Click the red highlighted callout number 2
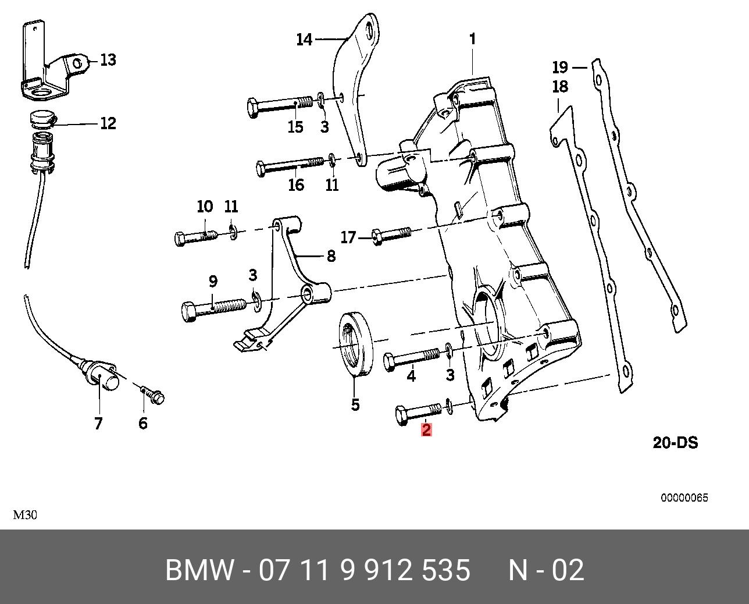(x=426, y=429)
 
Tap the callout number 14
(x=304, y=40)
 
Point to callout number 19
(x=560, y=67)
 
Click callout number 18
(x=560, y=87)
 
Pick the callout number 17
(x=348, y=237)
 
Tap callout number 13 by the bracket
(x=108, y=59)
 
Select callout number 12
(x=108, y=123)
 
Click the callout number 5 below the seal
(x=355, y=405)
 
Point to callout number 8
(x=331, y=257)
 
